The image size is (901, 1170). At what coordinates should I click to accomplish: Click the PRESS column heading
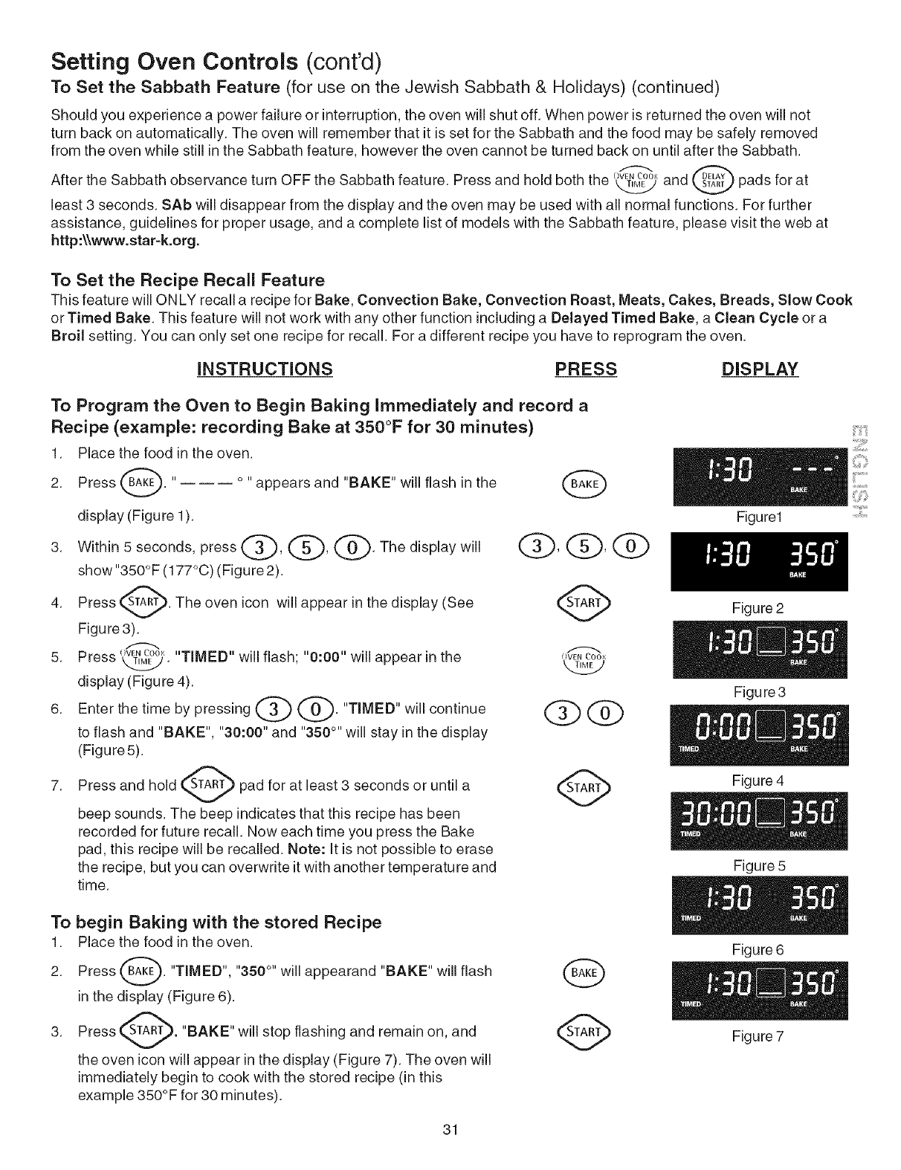pyautogui.click(x=585, y=369)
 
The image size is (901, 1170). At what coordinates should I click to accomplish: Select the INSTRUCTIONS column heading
pyautogui.click(x=264, y=369)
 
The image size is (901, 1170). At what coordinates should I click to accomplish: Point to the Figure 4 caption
pyautogui.click(x=758, y=780)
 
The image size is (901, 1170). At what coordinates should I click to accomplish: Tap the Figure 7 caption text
pyautogui.click(x=758, y=1036)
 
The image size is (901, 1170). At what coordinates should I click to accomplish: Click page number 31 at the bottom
pyautogui.click(x=449, y=1131)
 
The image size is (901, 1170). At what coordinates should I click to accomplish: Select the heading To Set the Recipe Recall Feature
pyautogui.click(x=187, y=280)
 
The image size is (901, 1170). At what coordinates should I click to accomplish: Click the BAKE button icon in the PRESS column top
pyautogui.click(x=585, y=485)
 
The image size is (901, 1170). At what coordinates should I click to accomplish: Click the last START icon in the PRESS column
pyautogui.click(x=585, y=1031)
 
